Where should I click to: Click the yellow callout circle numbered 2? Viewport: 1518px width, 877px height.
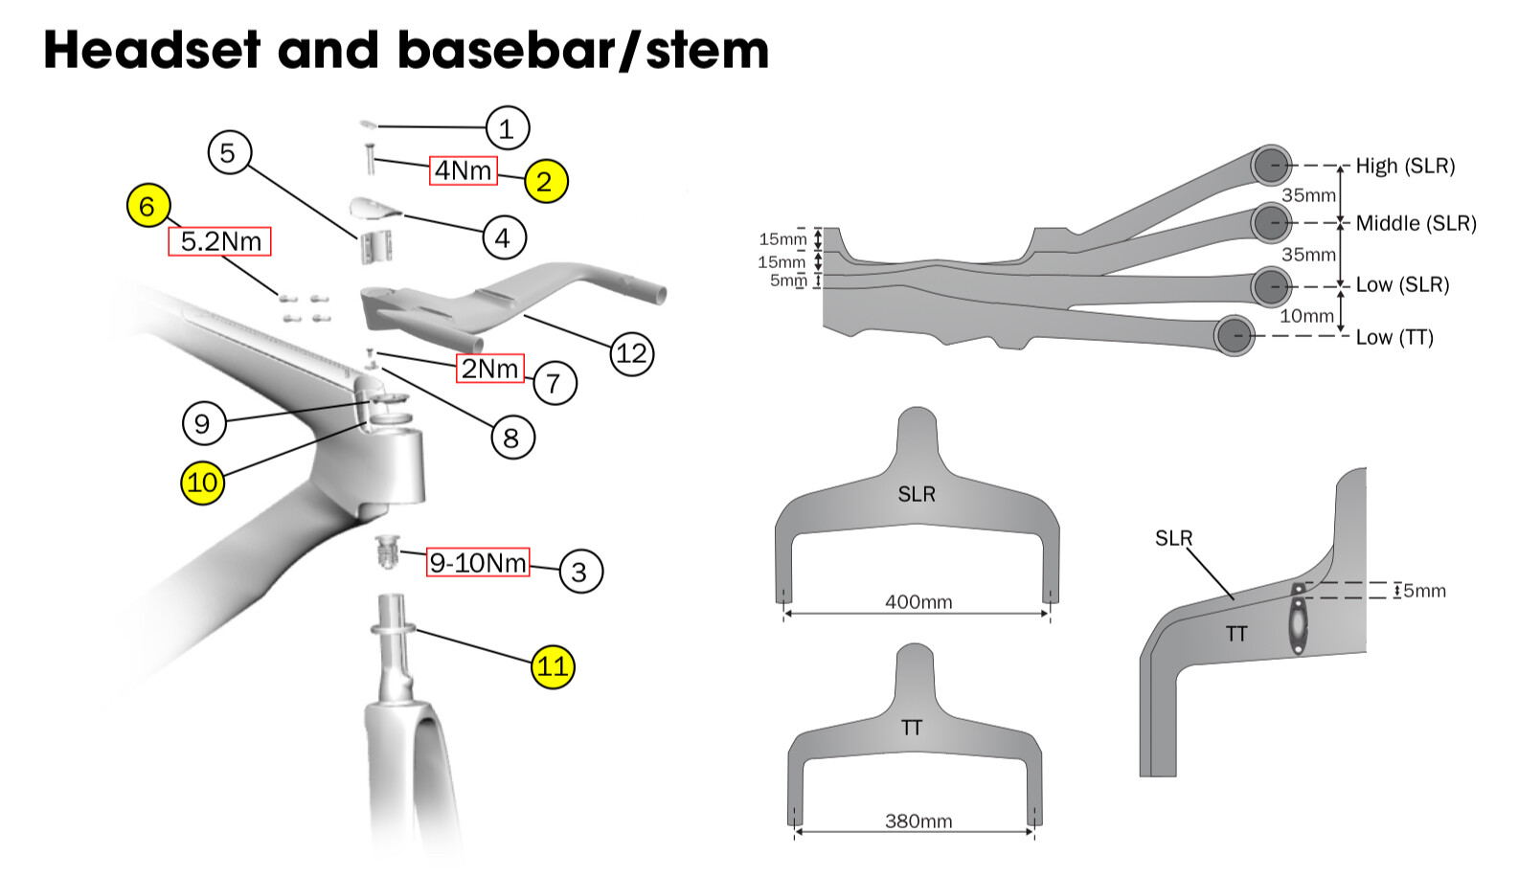(545, 181)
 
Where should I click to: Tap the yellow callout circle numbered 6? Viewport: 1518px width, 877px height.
(148, 206)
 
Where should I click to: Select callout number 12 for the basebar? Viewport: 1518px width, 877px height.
(632, 354)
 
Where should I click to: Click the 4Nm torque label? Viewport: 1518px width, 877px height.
(464, 170)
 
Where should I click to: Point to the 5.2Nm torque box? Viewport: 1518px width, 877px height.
(220, 241)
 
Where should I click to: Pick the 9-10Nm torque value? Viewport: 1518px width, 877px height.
(478, 563)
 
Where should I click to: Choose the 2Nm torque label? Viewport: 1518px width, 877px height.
(489, 369)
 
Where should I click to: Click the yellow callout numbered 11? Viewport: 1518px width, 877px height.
(554, 666)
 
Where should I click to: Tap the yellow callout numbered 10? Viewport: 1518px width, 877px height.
(203, 483)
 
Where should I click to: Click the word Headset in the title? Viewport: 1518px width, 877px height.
(151, 50)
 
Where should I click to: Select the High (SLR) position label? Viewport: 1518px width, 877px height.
(1405, 166)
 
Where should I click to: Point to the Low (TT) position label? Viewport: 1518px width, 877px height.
(1394, 337)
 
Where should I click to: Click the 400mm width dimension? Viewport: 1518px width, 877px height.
(918, 602)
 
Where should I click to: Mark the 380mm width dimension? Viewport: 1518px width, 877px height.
(918, 821)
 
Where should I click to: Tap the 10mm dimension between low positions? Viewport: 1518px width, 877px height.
(1306, 316)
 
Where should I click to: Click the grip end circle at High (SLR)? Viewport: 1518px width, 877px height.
(1271, 166)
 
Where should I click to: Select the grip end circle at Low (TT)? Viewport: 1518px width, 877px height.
(1235, 336)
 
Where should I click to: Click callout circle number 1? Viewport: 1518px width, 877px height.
(507, 128)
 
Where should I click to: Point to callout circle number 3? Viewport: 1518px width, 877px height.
(579, 573)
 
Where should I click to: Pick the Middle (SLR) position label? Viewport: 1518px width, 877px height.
(1416, 223)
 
